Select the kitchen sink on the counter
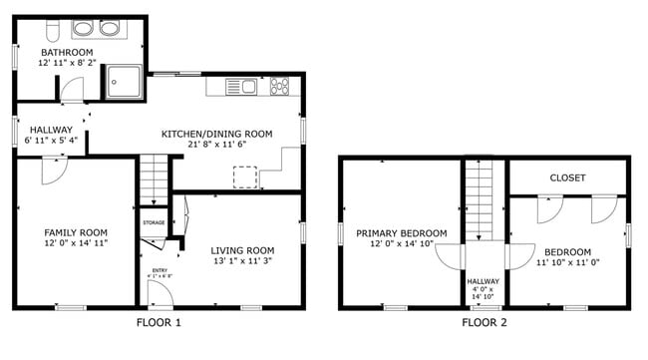(246, 87)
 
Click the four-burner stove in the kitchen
(280, 87)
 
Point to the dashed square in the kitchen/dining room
(245, 177)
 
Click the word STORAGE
(154, 222)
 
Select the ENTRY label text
(160, 269)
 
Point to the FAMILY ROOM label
(76, 231)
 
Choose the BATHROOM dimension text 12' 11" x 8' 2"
(66, 63)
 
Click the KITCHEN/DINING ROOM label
(217, 133)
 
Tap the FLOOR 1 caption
(158, 322)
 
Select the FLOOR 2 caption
(485, 322)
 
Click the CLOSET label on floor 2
(567, 178)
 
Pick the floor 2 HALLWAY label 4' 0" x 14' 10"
(485, 288)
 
